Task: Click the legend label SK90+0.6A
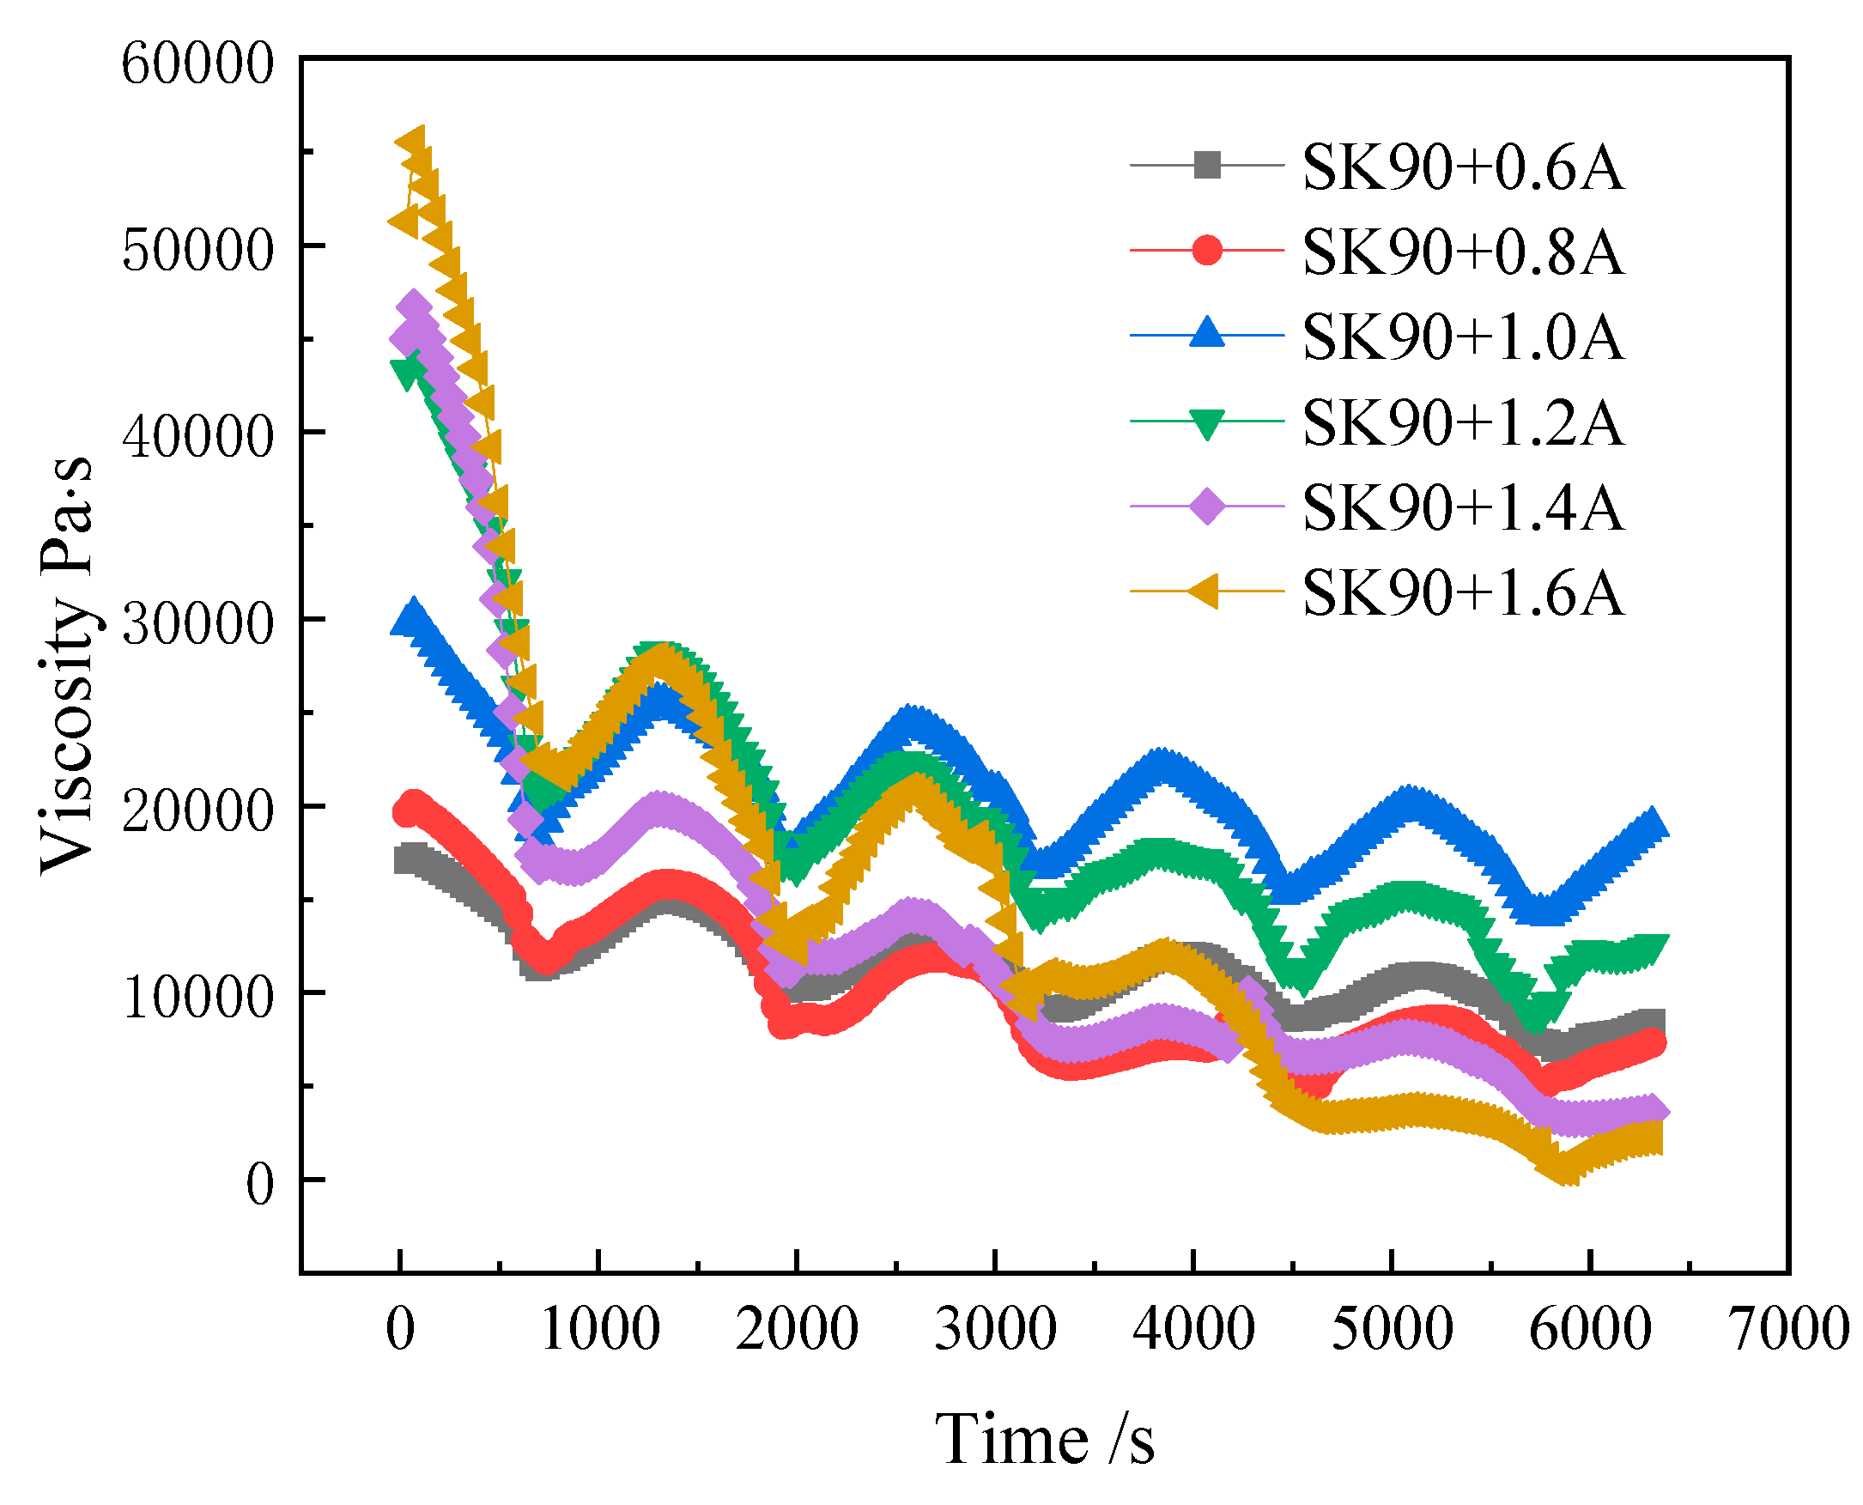pos(1461,167)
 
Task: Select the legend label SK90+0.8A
pos(1461,252)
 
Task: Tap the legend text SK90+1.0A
pos(1461,337)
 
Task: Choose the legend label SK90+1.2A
pos(1461,422)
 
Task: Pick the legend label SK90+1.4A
pos(1461,507)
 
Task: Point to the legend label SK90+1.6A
pos(1461,592)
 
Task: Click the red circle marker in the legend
pos(1207,251)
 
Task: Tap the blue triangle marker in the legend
pos(1207,334)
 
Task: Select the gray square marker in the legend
pos(1207,165)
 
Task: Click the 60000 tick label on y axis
pos(197,64)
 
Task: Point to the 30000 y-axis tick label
pos(197,623)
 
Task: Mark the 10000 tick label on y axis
pos(197,997)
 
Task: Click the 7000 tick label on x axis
pos(1788,1329)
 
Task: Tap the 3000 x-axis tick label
pos(995,1329)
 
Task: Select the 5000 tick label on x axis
pos(1392,1329)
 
